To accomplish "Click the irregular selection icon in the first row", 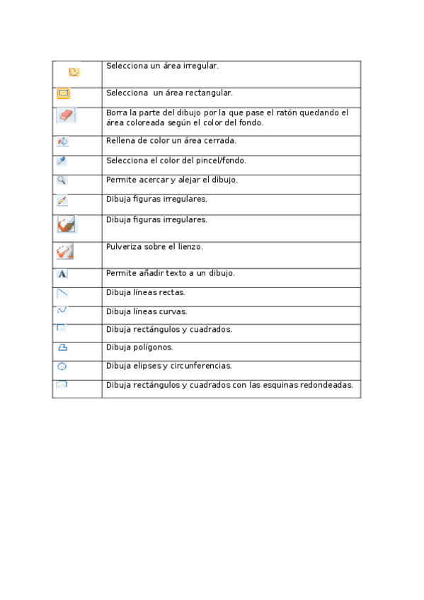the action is click(74, 71).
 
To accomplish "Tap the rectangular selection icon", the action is click(63, 93).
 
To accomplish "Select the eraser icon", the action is click(66, 115).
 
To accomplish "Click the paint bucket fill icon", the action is click(62, 142).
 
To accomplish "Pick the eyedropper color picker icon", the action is click(62, 161).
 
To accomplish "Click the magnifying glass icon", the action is click(62, 180).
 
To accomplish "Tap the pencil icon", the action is click(62, 201).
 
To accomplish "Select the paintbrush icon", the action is click(67, 225).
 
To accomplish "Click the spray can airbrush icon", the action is click(65, 251).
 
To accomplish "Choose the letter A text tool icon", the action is click(62, 274).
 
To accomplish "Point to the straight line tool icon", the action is click(62, 292).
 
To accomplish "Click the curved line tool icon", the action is click(62, 310).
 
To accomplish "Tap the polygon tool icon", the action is click(62, 347).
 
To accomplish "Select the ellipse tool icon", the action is click(62, 367).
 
